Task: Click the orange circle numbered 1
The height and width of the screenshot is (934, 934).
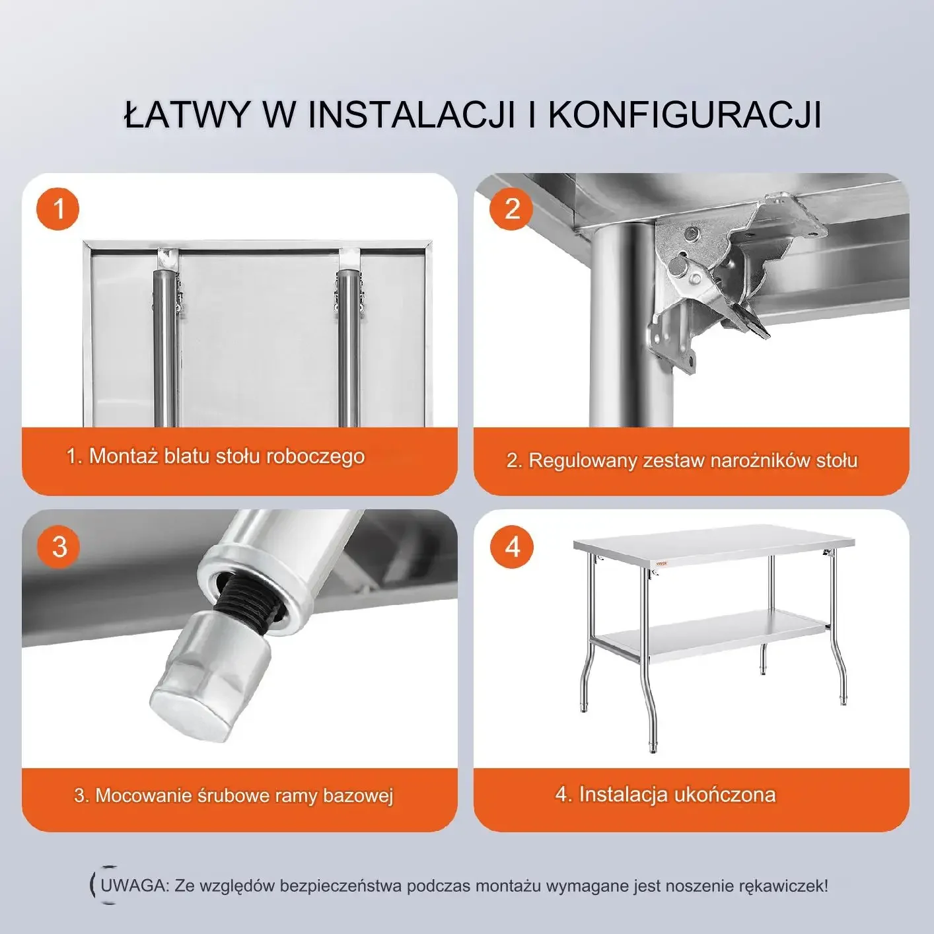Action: coord(57,209)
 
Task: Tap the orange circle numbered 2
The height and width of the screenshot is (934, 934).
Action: coord(511,209)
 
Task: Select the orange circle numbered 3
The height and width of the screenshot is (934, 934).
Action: coord(59,547)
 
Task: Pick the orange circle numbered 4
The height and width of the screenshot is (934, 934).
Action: coord(512,547)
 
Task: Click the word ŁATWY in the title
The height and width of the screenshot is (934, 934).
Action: coord(186,115)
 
